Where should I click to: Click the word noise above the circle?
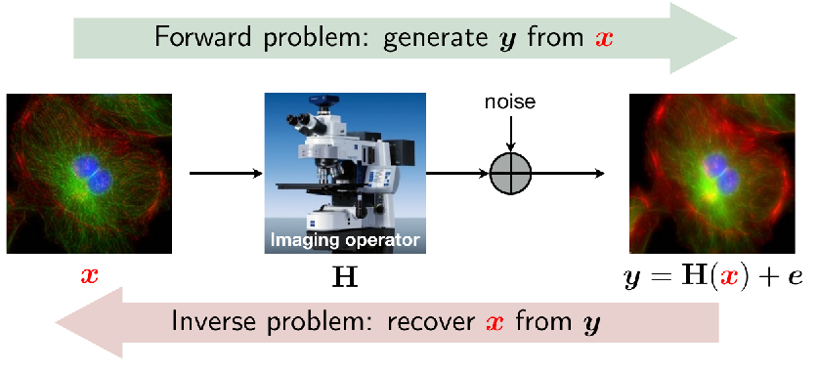(510, 102)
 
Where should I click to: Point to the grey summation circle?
(511, 173)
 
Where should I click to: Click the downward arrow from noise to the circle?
(511, 133)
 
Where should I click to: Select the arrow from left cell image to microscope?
(226, 173)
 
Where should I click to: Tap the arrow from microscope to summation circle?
(458, 173)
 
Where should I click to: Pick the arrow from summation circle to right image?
(568, 173)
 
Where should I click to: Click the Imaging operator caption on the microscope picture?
(344, 240)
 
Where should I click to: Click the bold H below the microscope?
(345, 279)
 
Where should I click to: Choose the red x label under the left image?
(89, 276)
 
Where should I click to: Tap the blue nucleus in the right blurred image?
(721, 173)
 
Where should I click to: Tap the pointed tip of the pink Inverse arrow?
(56, 322)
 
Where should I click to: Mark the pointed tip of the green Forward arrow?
(736, 37)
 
